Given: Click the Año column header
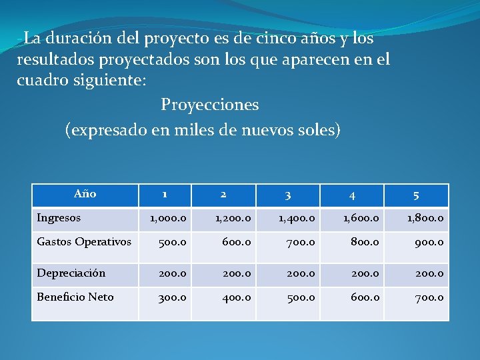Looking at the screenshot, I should coord(85,194).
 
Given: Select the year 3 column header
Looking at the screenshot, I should coord(287,195).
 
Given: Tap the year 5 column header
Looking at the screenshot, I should coord(416,195).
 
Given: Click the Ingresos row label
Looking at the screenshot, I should coord(59,217).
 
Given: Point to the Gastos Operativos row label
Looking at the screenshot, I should coord(84,241).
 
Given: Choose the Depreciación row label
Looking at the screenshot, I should coord(71,273).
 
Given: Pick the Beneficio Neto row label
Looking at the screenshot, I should coord(75,297).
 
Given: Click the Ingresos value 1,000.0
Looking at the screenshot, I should coord(168,218).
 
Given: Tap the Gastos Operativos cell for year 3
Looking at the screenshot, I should coord(299,242).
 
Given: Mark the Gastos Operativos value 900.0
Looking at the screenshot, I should coord(427,242).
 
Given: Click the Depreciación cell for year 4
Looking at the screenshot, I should coord(363,273).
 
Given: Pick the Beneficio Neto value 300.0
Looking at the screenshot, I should coord(171,297).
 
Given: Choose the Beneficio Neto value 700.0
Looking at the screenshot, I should coord(427,297).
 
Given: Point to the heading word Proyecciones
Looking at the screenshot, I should coord(209,105).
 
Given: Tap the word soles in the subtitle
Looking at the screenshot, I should coord(321,129).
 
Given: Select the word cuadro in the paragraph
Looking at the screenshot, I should coord(40,81).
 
